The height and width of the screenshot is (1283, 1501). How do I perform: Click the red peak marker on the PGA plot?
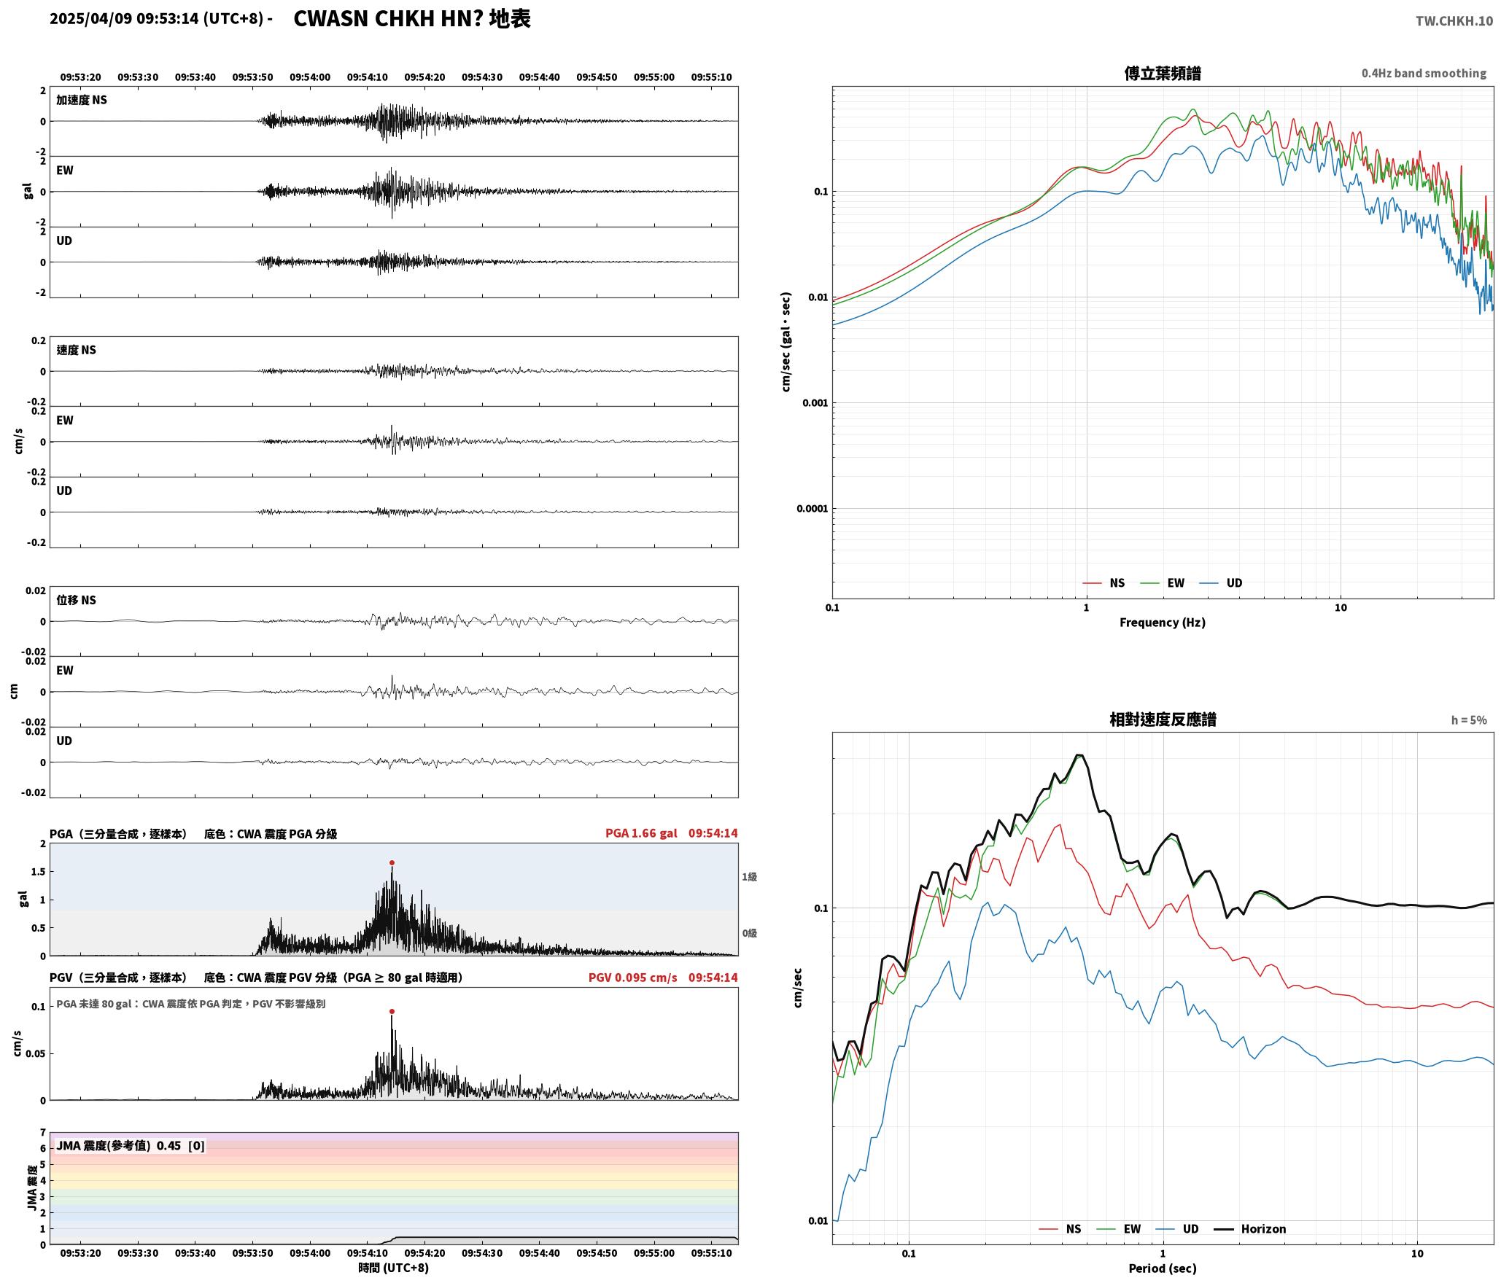tap(392, 862)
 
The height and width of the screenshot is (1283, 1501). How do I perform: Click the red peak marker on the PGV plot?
tap(392, 1011)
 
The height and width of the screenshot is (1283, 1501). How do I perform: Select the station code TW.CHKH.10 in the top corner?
tap(1454, 21)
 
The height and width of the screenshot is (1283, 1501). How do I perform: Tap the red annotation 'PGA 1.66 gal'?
tap(641, 833)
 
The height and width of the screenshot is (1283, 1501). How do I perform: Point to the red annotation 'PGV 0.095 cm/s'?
tap(632, 978)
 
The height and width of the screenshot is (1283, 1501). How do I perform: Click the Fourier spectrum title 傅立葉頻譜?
tap(1163, 73)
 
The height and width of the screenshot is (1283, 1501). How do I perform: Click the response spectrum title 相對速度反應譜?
tap(1163, 720)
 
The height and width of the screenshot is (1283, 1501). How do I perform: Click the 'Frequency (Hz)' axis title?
tap(1163, 623)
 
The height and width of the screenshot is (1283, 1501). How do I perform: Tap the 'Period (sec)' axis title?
tap(1163, 1268)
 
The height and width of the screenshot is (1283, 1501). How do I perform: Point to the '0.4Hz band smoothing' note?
tap(1424, 74)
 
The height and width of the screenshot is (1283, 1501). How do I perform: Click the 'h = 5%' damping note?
tap(1469, 720)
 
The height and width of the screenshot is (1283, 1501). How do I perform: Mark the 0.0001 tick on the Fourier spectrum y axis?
tap(812, 509)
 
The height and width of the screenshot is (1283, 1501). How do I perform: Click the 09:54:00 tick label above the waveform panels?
tap(310, 77)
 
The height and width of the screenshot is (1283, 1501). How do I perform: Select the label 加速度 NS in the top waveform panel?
tap(82, 100)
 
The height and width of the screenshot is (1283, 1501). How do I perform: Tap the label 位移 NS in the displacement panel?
tap(77, 600)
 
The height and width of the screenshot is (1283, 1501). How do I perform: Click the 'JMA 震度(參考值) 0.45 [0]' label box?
tap(131, 1146)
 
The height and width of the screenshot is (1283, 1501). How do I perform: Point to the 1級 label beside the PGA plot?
tap(749, 877)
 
